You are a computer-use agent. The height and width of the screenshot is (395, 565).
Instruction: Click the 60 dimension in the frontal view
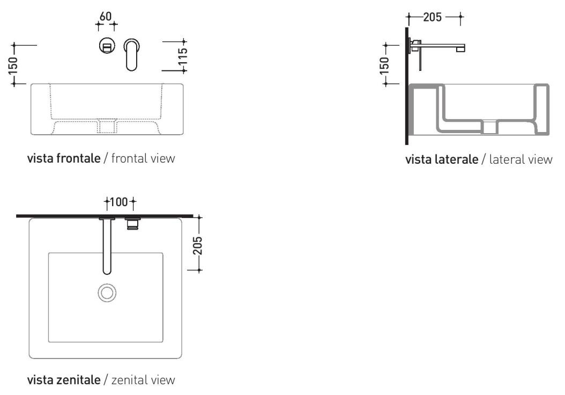coord(107,17)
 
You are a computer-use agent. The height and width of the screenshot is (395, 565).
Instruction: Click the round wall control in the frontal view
coord(107,47)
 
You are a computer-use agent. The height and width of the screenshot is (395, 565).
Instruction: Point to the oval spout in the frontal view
coord(131,54)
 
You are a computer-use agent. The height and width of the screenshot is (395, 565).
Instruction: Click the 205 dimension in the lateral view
coord(433,17)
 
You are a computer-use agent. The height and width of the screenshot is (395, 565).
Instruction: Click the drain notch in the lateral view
coord(490,127)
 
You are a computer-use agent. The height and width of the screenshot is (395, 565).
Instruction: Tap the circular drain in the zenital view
coord(106,292)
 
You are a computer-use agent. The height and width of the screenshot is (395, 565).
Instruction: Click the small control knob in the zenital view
coord(132,223)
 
